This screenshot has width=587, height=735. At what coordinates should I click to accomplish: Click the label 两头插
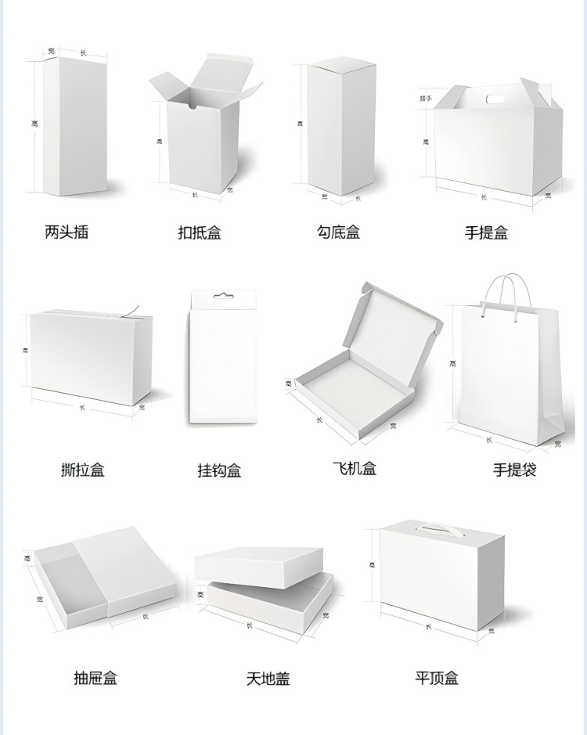click(x=67, y=232)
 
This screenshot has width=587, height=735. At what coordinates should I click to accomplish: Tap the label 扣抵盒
click(x=200, y=232)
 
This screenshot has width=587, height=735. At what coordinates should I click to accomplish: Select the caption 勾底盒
click(x=338, y=232)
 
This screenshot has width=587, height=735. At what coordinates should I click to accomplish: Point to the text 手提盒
click(x=486, y=232)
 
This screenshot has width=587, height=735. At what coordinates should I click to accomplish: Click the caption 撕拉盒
click(x=82, y=470)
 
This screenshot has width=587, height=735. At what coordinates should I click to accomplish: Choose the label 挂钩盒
click(x=219, y=470)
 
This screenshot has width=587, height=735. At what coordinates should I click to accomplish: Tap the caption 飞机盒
click(x=355, y=469)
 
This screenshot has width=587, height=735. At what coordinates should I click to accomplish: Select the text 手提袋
click(x=514, y=470)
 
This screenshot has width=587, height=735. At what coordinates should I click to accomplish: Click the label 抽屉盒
click(x=95, y=678)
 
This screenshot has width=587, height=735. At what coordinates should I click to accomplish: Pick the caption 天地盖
click(x=268, y=679)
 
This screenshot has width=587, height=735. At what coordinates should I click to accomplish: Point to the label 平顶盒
click(x=437, y=678)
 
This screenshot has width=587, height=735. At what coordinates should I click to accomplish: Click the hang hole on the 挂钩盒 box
click(x=224, y=297)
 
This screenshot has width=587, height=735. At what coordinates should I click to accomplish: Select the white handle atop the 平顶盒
click(x=440, y=528)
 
